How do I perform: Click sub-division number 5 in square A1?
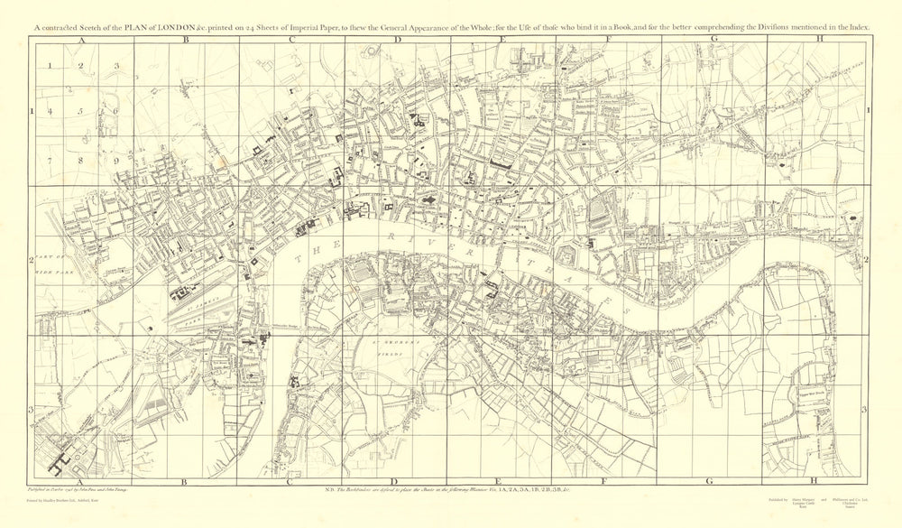coord(80,111)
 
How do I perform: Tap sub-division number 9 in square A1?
coord(115,160)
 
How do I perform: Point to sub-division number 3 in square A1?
coord(115,66)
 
